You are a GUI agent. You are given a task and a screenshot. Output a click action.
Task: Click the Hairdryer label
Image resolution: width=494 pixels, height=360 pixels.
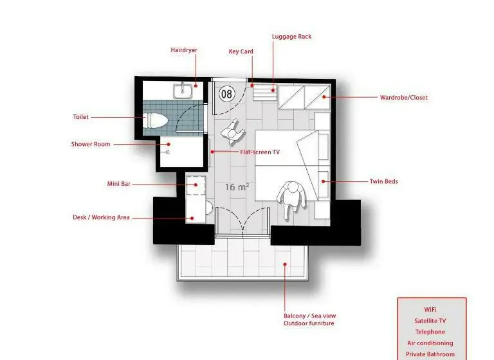tap(184, 50)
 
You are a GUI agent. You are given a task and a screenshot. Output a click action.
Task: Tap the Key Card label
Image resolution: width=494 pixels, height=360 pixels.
tap(241, 51)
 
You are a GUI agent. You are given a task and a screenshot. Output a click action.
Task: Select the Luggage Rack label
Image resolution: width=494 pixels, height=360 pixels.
tap(292, 37)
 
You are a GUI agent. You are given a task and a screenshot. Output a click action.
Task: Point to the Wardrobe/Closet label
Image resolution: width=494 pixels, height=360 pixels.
tap(403, 98)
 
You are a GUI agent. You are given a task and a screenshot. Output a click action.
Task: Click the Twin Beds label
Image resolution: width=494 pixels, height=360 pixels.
tap(384, 181)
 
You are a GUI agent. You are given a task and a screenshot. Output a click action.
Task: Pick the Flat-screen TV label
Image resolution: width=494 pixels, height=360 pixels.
tap(260, 152)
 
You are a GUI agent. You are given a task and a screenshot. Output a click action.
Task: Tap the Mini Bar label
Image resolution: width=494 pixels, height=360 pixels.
tap(119, 184)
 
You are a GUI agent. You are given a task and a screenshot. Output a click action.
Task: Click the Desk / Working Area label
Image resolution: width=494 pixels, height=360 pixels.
tap(101, 217)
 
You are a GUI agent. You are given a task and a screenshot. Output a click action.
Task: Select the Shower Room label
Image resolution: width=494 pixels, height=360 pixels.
tap(91, 144)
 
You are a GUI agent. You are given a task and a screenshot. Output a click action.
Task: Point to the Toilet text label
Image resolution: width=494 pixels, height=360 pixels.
tap(81, 117)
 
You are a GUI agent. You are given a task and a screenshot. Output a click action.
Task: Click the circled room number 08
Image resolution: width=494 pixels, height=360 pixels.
tap(227, 94)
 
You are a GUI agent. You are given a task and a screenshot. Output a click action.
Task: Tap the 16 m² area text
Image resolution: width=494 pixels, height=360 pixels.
tap(237, 187)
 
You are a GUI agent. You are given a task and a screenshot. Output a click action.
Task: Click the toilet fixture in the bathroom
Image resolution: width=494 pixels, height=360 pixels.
tap(155, 120)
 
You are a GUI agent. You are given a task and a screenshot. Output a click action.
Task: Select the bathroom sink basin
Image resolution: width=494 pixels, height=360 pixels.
tap(183, 91)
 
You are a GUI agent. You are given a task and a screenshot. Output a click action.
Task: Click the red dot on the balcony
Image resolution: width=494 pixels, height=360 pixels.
tap(285, 264)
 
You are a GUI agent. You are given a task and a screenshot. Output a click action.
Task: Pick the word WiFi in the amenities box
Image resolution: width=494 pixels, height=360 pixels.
tap(430, 310)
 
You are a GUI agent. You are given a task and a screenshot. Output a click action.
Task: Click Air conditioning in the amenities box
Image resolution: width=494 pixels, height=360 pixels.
tap(430, 343)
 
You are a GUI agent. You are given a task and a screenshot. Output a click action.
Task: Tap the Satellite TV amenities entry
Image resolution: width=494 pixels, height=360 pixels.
tap(430, 321)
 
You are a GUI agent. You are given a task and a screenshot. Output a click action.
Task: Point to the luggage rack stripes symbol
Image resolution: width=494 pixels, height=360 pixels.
tap(265, 93)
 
